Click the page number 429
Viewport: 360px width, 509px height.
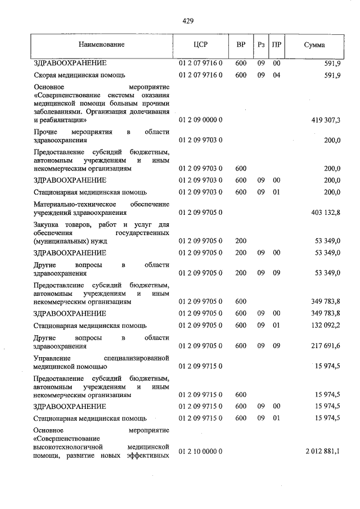188,21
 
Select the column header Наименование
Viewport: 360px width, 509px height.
102,44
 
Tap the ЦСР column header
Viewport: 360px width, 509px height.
201,44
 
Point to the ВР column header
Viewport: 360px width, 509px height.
241,44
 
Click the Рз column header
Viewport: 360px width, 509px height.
261,44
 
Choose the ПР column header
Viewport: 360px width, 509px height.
276,44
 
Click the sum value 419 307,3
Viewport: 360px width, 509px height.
325,120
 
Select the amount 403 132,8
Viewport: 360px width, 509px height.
325,213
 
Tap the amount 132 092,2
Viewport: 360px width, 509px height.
325,325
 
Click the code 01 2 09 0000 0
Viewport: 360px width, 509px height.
201,120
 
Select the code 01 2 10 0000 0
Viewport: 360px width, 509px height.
201,451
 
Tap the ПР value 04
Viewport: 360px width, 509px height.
276,75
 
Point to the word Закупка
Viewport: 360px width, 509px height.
47,224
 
